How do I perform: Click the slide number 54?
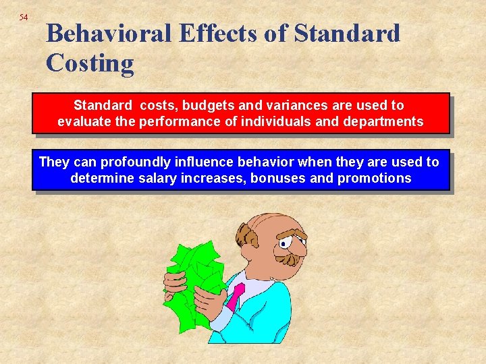coord(24,17)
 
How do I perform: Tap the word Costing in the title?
coord(90,63)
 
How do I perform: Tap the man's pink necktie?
coord(236,297)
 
